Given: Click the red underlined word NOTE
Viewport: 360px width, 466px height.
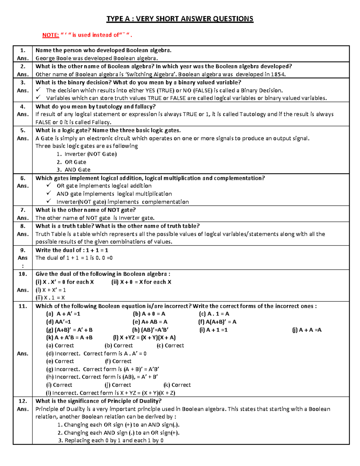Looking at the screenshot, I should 50,35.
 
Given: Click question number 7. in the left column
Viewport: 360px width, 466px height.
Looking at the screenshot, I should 23,210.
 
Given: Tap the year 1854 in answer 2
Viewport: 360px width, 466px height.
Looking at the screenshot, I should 278,74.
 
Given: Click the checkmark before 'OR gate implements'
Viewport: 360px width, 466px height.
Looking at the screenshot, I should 49,186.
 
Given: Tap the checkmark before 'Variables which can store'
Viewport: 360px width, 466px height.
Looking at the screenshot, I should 38,98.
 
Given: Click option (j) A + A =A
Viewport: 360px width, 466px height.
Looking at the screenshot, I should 307,330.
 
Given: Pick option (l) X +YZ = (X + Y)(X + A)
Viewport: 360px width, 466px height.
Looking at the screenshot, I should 144,338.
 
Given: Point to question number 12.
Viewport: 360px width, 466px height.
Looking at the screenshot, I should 23,401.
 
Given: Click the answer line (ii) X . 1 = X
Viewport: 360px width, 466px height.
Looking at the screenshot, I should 50,298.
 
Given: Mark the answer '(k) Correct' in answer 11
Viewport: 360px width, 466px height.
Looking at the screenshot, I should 177,385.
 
